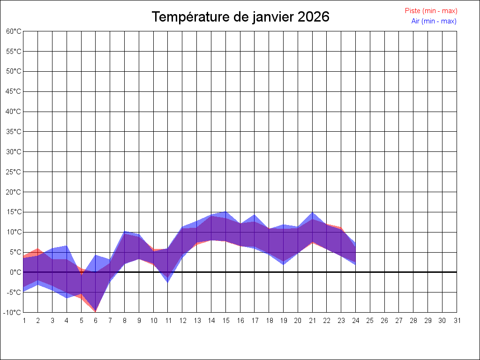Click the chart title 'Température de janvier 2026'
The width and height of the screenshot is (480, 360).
(x=240, y=17)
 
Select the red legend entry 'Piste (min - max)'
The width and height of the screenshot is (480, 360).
(x=431, y=11)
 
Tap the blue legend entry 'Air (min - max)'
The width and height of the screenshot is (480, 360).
(x=434, y=21)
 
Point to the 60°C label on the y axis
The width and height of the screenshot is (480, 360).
(x=14, y=31)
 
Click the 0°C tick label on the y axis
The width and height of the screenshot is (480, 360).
(x=15, y=272)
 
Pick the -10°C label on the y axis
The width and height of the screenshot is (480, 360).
(x=13, y=312)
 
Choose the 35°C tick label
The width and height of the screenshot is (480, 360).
(x=14, y=132)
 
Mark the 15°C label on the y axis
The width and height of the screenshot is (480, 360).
(x=14, y=212)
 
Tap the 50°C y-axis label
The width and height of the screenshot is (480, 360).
(x=14, y=71)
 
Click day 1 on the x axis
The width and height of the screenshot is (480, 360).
(x=23, y=321)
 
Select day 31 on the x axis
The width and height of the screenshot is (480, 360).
(x=457, y=321)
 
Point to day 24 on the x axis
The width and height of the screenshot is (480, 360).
(x=356, y=321)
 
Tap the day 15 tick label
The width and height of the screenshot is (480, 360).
(x=225, y=321)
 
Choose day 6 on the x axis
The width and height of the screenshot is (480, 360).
(x=96, y=321)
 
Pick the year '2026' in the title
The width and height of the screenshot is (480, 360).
(x=314, y=17)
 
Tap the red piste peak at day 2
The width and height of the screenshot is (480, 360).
(x=38, y=248)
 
